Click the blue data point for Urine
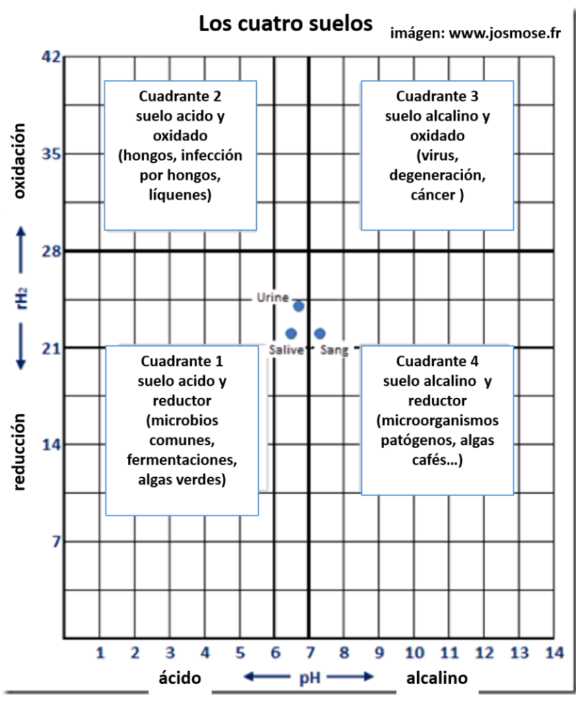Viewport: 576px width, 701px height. coord(298,306)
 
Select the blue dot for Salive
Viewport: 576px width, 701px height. coord(291,334)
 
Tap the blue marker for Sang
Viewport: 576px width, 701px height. coord(320,334)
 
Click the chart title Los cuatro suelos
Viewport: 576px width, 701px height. coord(285,24)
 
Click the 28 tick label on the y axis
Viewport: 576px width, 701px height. coord(52,251)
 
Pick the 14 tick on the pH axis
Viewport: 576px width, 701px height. coord(554,652)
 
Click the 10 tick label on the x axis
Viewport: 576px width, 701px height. coord(413,652)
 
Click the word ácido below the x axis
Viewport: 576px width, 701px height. coord(180,678)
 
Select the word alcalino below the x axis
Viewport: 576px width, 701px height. coord(437,678)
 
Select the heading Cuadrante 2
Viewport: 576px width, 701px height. coord(180,95)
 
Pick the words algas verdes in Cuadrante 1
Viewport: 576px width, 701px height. coord(181,479)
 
